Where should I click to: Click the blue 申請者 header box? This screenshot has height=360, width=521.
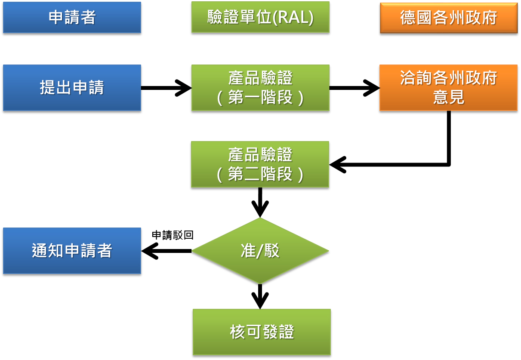tap(72, 18)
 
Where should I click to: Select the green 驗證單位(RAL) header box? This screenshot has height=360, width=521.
tap(260, 17)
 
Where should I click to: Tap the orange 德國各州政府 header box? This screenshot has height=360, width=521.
tap(448, 18)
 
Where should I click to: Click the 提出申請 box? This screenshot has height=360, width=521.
tap(72, 88)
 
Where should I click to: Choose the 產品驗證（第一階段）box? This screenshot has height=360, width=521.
tap(260, 88)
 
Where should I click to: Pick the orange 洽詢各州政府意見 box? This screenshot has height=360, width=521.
tap(448, 88)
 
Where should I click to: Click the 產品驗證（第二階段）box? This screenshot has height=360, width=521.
tap(260, 164)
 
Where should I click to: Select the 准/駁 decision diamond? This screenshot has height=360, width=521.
tap(260, 251)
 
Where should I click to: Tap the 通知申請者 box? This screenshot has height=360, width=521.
tap(72, 251)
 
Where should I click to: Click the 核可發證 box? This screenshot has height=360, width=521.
tap(262, 332)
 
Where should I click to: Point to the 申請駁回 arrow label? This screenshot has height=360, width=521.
tap(173, 235)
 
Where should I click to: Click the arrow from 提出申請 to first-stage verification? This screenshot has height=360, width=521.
tap(166, 88)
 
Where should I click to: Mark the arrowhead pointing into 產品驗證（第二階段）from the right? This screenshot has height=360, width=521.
tap(338, 165)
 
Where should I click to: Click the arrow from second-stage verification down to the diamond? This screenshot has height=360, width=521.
tap(260, 202)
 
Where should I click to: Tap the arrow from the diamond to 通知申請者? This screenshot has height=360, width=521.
tap(166, 251)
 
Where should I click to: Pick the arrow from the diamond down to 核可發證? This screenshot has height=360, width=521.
tap(260, 296)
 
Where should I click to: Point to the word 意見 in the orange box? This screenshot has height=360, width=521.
tap(448, 97)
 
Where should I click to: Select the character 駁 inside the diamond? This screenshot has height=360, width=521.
tap(272, 251)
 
